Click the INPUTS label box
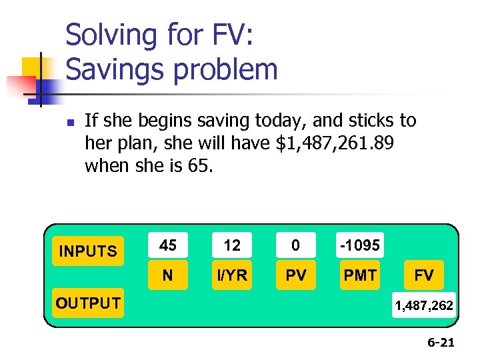tap(88, 251)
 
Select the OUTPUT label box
tap(88, 303)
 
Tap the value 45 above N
tap(168, 246)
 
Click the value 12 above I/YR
tap(232, 246)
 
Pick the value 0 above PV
tap(296, 246)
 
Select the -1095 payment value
tap(360, 246)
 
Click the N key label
tap(168, 275)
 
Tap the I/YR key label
tap(232, 275)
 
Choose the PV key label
tap(296, 275)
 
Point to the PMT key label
tap(360, 275)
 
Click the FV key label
tap(424, 275)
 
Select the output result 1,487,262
tap(424, 305)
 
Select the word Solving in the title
tap(110, 35)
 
